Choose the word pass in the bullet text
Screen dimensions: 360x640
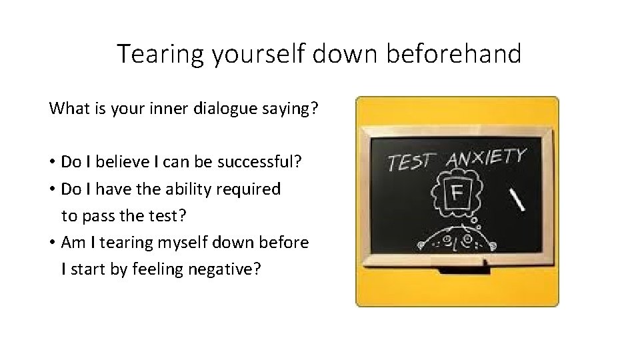[x=95, y=216]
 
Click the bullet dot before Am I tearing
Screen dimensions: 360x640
[x=52, y=243]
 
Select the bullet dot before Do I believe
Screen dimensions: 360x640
[x=52, y=162]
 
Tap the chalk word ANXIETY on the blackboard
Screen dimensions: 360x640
[x=485, y=159]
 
